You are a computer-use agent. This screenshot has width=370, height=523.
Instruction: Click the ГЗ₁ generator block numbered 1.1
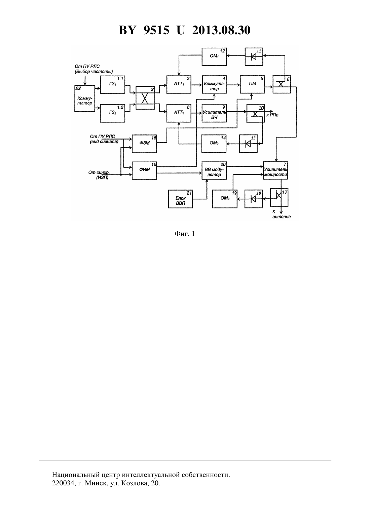112,84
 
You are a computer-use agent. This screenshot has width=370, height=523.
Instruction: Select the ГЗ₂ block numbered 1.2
112,113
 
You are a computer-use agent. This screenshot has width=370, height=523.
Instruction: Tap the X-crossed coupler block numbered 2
145,98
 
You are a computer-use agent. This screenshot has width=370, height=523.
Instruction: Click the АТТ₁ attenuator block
179,84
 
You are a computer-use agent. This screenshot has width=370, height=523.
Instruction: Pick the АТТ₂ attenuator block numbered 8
179,113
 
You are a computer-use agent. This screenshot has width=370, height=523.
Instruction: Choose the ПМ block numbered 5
252,84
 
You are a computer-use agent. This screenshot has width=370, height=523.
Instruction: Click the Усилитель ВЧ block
214,113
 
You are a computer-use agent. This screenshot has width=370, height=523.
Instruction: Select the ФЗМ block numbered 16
144,144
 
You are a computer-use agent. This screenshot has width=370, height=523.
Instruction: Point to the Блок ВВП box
181,199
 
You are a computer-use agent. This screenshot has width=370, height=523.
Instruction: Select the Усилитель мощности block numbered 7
275,170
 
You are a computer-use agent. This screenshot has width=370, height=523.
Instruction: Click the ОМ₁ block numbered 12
214,57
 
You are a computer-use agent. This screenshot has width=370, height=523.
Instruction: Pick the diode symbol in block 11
253,56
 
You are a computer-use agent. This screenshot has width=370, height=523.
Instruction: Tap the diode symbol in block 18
253,199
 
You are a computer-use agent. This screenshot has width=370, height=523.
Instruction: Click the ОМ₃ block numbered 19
225,199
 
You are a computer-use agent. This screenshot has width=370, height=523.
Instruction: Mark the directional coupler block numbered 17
279,198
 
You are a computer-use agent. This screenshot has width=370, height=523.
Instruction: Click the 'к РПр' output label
272,115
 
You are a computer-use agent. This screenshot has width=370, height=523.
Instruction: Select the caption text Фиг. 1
185,234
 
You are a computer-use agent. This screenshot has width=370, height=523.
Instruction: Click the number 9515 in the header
156,30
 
